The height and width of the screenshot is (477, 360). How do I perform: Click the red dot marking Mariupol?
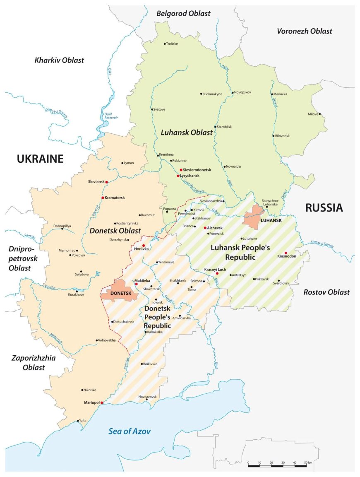point(102,402)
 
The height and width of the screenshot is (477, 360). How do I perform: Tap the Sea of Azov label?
point(130,431)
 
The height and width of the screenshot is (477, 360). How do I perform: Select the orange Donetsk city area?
point(116,290)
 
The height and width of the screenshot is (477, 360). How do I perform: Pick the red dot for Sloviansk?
point(107,182)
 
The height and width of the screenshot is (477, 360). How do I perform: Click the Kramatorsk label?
point(115,198)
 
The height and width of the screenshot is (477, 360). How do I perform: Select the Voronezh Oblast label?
point(304,31)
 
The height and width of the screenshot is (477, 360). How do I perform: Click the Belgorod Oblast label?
point(183,14)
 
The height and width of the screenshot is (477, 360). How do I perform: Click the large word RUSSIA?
point(324,208)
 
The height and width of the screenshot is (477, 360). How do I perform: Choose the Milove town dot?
point(319,114)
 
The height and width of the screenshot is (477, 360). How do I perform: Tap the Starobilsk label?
point(225,127)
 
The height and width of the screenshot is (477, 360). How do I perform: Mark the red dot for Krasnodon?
point(286,253)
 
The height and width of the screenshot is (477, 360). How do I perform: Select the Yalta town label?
point(83,421)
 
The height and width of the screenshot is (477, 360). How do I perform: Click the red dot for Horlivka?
point(143,246)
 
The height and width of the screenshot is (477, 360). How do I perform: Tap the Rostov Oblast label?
point(326,292)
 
